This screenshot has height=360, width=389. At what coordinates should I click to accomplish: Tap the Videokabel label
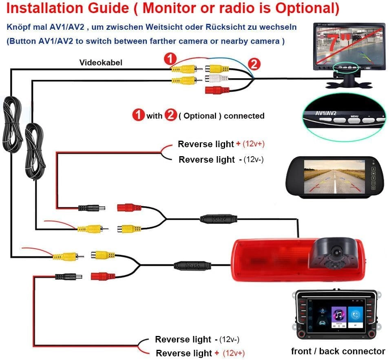click(100, 62)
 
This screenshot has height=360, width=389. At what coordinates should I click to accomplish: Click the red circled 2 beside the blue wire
click(254, 64)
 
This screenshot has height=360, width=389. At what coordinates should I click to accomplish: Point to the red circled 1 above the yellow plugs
click(170, 59)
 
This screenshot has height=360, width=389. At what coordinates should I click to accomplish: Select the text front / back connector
click(338, 351)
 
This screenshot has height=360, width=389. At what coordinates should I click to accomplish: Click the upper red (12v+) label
click(256, 144)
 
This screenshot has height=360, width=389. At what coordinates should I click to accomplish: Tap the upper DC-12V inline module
click(219, 219)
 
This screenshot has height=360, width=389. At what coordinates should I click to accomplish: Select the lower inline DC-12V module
click(192, 265)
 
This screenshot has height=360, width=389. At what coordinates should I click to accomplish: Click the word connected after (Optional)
click(244, 116)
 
